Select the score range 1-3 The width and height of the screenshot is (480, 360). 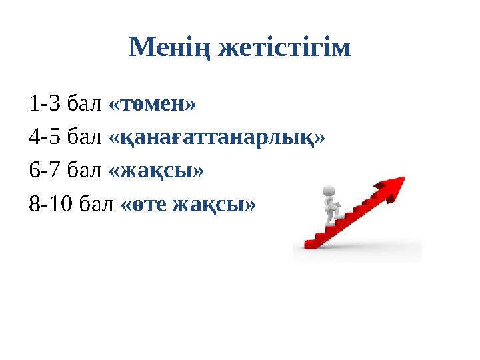pyautogui.click(x=45, y=105)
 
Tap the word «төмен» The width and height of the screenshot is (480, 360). pyautogui.click(x=152, y=105)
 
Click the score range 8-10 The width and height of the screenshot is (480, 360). pyautogui.click(x=51, y=204)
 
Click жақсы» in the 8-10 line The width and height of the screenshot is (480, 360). pyautogui.click(x=213, y=204)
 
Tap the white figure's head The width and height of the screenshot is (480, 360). pyautogui.click(x=328, y=191)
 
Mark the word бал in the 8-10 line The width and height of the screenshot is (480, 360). pyautogui.click(x=98, y=204)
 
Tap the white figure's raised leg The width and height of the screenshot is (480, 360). pyautogui.click(x=339, y=215)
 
